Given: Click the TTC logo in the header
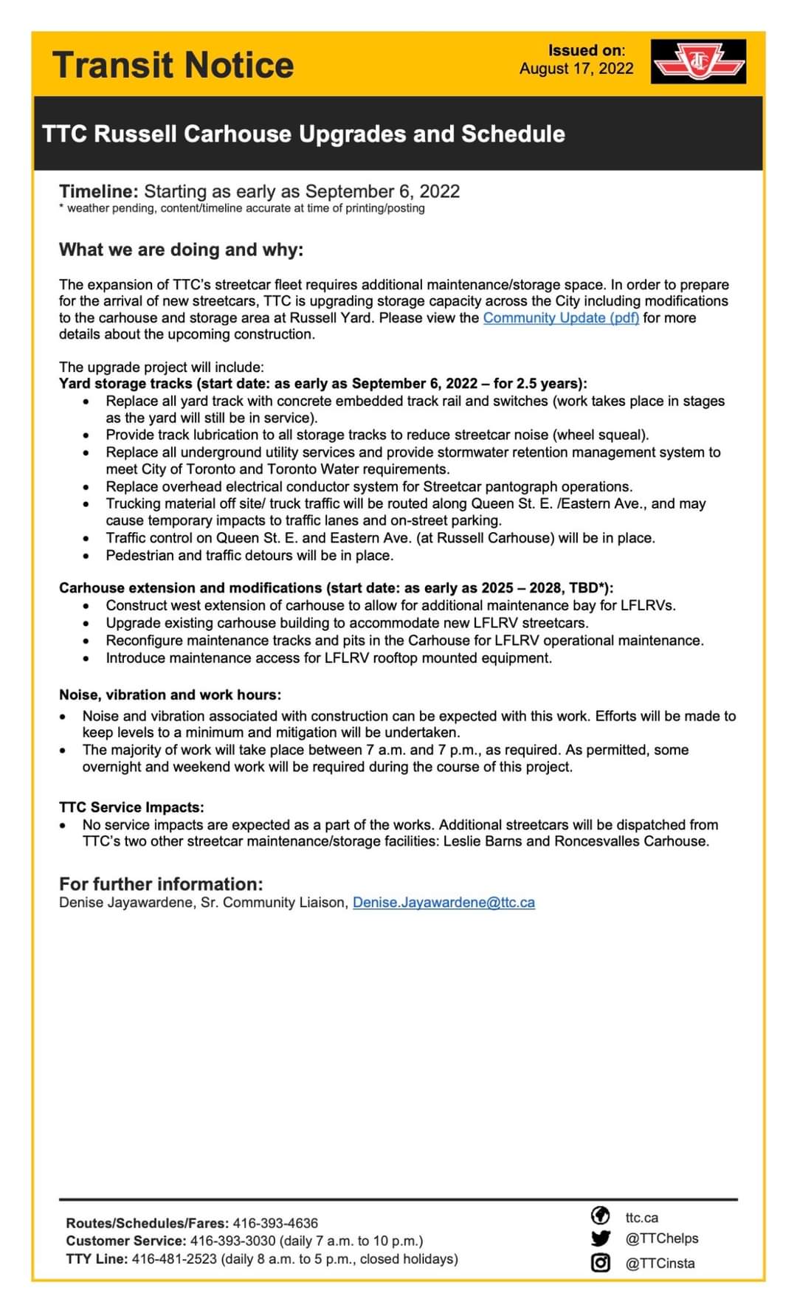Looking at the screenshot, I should click(698, 62).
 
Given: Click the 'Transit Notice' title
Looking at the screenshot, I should click(173, 65).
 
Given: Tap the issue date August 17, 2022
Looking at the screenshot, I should click(576, 69).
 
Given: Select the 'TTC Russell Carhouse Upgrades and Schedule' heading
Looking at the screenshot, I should click(303, 134).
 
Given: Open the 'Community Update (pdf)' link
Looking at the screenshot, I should click(561, 318).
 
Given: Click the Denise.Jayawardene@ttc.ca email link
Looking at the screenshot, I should click(444, 903).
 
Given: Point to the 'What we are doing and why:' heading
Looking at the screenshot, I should click(181, 249).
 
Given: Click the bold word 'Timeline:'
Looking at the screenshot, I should click(99, 191).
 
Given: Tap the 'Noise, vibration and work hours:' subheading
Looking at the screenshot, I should click(170, 695).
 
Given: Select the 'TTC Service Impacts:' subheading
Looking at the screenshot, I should click(131, 807).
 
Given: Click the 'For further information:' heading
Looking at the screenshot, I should click(161, 883).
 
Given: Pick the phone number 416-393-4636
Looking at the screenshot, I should click(275, 1223).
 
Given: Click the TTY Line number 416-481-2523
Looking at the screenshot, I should click(174, 1259).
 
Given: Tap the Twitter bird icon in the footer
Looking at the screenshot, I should click(601, 1238).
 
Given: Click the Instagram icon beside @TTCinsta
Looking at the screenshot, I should click(601, 1263).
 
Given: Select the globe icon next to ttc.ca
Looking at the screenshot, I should click(601, 1215).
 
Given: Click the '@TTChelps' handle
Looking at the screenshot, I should click(661, 1238).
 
